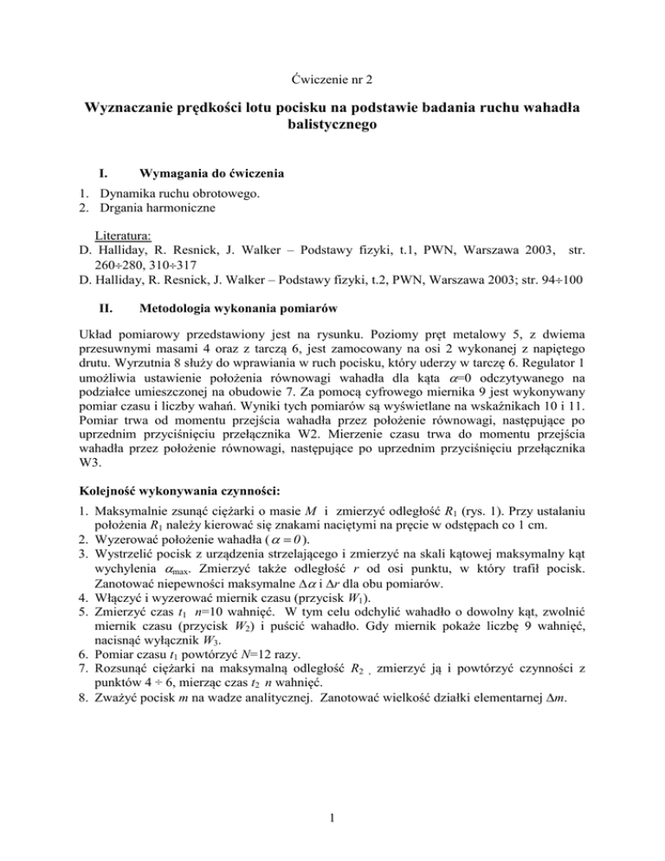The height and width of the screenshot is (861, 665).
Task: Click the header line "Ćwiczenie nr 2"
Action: (x=332, y=79)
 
